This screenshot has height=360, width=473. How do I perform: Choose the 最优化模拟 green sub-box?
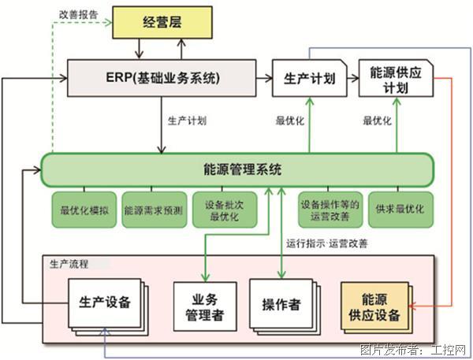84,210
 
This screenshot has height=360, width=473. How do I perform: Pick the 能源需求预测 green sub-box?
153,210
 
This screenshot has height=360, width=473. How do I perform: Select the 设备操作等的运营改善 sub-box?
330,210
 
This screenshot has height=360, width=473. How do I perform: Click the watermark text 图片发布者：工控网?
412,350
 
